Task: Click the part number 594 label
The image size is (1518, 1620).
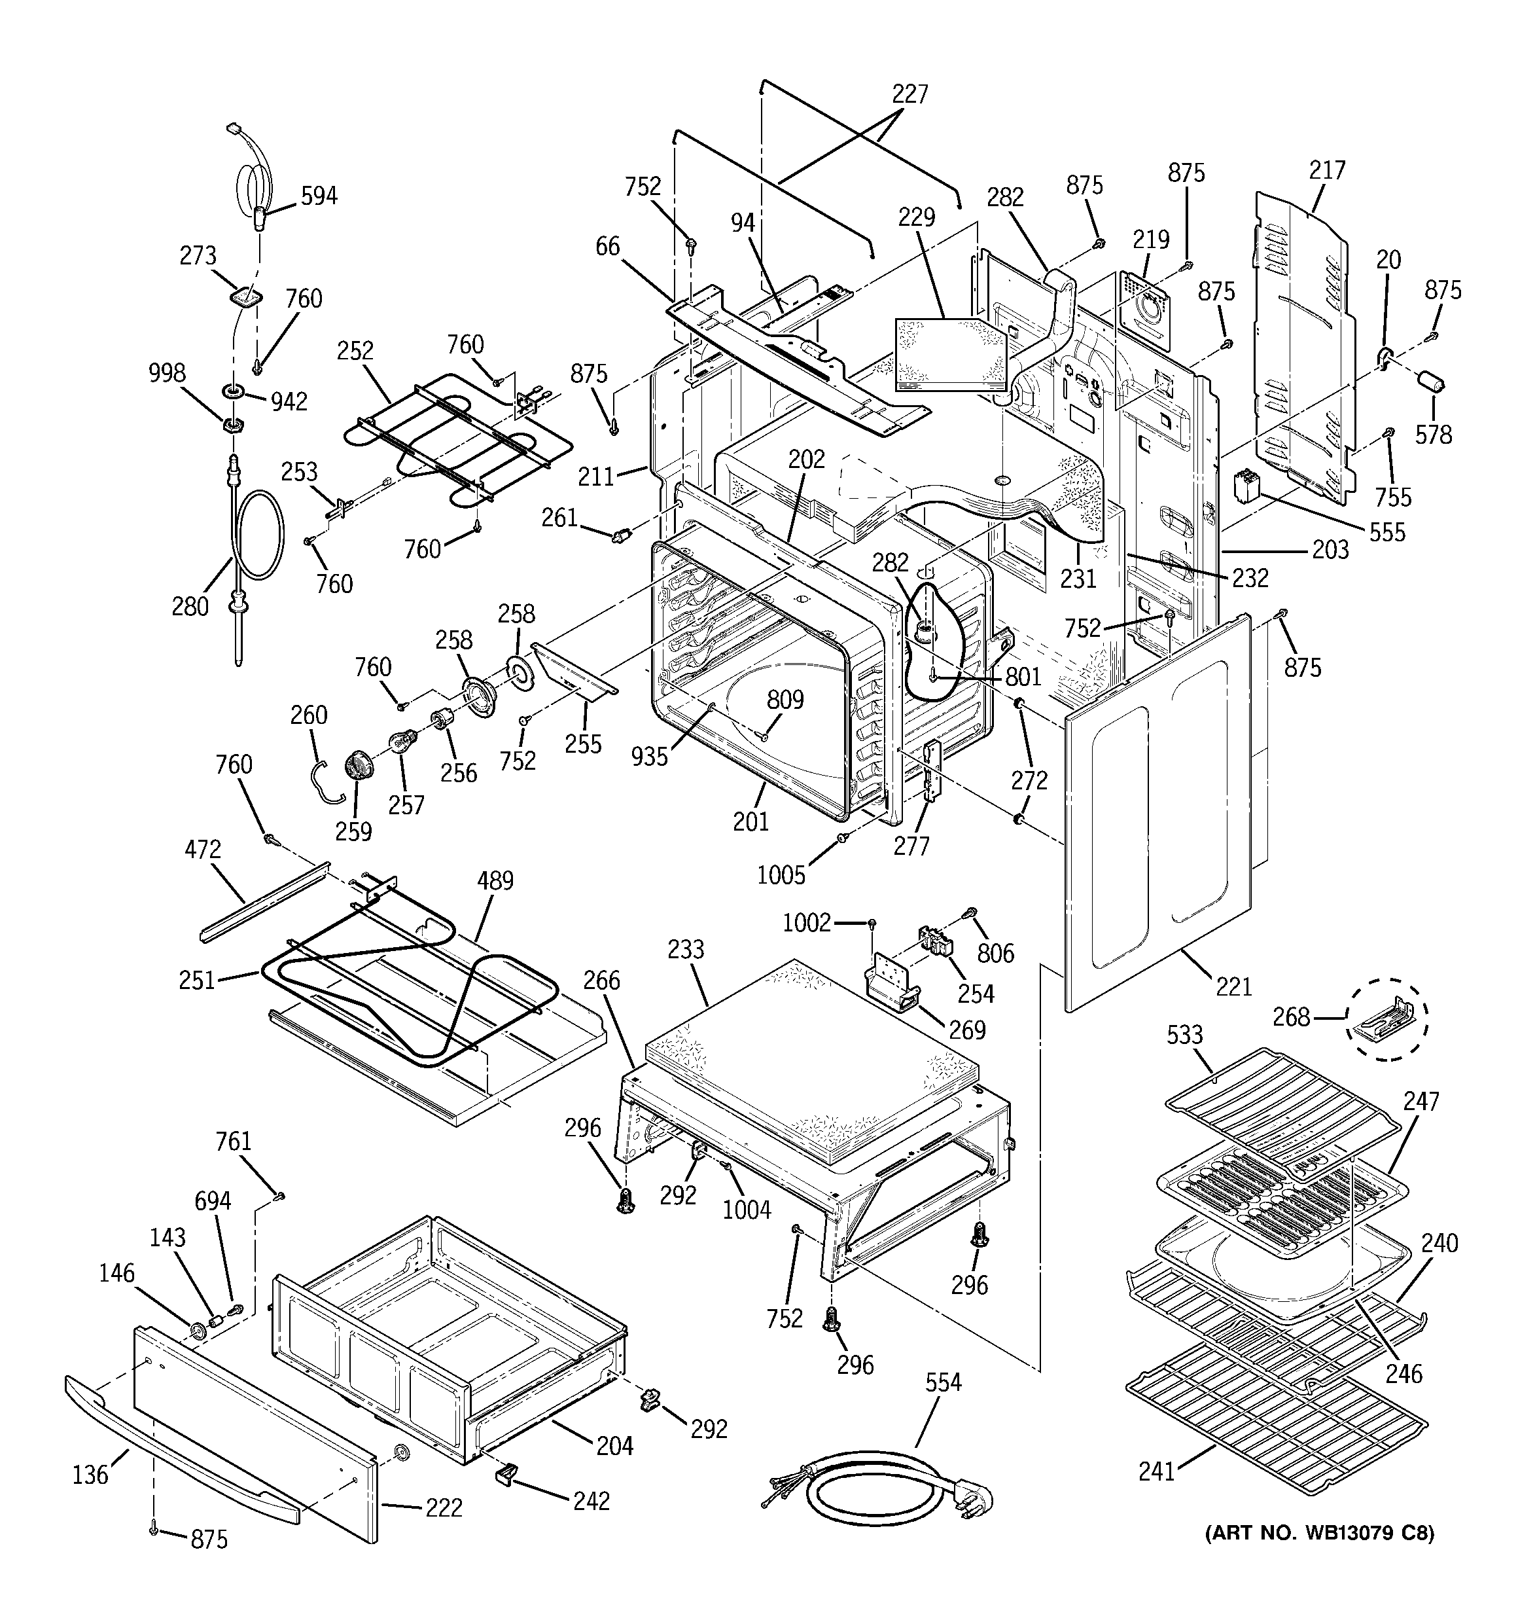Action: tap(319, 196)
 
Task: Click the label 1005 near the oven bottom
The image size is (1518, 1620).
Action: tap(781, 875)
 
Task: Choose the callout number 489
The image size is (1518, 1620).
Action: tap(495, 881)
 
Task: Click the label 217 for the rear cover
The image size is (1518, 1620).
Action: tap(1328, 170)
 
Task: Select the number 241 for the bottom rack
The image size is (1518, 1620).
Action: tap(1156, 1471)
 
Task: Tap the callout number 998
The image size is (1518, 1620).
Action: tap(167, 373)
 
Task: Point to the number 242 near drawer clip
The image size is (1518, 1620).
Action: tap(591, 1501)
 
